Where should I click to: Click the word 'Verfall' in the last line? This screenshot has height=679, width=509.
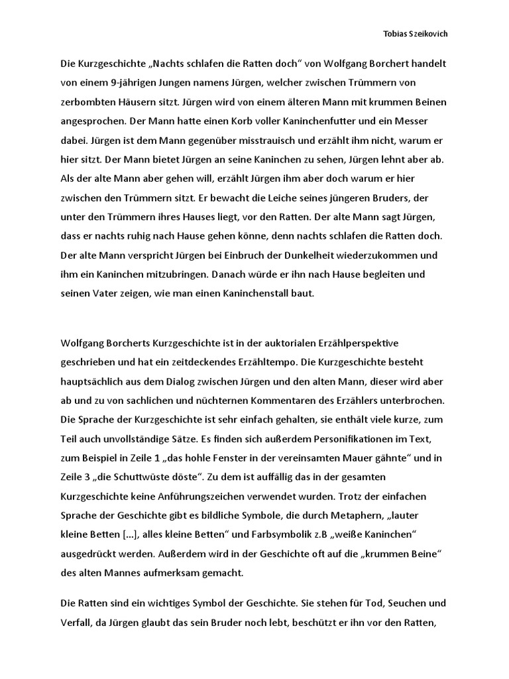click(78, 624)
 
